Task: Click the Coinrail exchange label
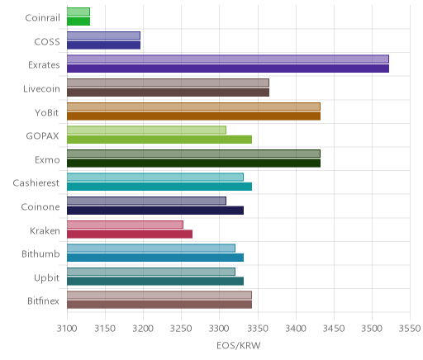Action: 42,18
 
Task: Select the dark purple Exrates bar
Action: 228,69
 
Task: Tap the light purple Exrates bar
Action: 228,59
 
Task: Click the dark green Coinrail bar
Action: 78,21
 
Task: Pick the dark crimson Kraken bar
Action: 130,234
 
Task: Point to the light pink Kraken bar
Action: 125,225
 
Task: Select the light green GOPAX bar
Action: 146,130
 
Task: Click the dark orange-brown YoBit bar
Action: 193,116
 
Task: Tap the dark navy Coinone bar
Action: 155,211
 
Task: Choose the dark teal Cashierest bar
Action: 159,187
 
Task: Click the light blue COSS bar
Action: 103,36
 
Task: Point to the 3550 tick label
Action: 410,329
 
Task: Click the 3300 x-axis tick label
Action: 220,329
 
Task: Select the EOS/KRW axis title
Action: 239,345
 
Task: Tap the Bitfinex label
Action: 43,301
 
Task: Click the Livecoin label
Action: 41,89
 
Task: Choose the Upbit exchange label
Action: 46,277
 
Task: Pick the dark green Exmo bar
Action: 193,163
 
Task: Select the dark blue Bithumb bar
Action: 155,258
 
